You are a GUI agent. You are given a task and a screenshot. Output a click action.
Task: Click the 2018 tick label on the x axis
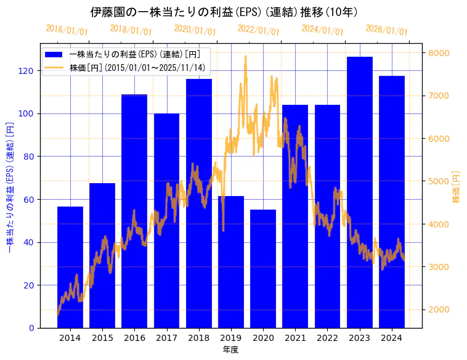(199, 338)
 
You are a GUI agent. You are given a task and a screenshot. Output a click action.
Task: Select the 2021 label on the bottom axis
(295, 338)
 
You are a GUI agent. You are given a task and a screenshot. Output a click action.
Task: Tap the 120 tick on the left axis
(26, 71)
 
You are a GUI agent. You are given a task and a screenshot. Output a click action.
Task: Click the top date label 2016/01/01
(67, 30)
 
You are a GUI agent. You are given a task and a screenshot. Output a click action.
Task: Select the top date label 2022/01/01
(258, 30)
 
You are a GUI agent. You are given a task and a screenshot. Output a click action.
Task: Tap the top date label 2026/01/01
(386, 30)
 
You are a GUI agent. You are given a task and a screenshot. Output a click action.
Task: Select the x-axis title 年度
(230, 350)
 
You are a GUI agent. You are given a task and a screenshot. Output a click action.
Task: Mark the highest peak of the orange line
(246, 57)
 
